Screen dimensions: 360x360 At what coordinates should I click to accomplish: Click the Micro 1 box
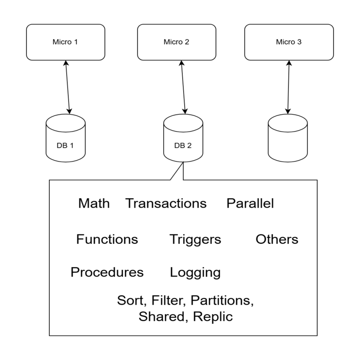pyautogui.click(x=65, y=42)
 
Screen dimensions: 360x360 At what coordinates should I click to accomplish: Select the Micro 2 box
pyautogui.click(x=176, y=42)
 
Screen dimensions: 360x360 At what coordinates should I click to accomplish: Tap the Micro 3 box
pyautogui.click(x=289, y=42)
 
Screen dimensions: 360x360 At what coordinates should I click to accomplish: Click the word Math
pyautogui.click(x=94, y=203)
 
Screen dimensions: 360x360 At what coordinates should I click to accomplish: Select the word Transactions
pyautogui.click(x=166, y=203)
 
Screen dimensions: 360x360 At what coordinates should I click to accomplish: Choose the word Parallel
pyautogui.click(x=250, y=203)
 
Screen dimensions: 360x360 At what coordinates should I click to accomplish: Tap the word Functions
pyautogui.click(x=107, y=240)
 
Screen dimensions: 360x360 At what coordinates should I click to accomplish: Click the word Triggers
pyautogui.click(x=195, y=240)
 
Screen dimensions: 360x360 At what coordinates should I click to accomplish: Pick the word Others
pyautogui.click(x=277, y=240)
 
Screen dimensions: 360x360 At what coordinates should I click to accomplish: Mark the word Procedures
pyautogui.click(x=107, y=272)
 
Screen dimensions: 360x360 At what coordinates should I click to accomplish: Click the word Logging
pyautogui.click(x=195, y=272)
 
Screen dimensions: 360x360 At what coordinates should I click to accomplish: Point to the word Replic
pyautogui.click(x=212, y=316)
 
